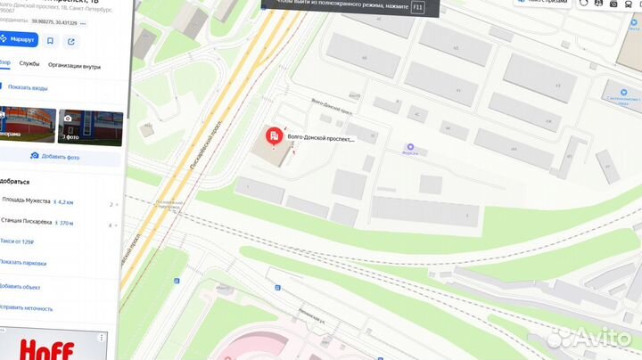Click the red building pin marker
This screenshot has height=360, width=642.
click(273, 139)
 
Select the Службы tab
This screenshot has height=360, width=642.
click(29, 65)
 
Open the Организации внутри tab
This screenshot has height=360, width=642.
click(74, 65)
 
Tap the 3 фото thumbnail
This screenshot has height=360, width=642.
click(89, 127)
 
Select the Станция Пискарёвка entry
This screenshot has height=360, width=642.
click(28, 224)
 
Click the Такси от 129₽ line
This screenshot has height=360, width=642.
click(18, 242)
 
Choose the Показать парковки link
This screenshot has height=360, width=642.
click(23, 262)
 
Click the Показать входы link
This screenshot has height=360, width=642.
click(29, 86)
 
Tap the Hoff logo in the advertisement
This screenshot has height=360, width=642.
click(45, 348)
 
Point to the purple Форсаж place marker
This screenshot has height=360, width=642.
click(410, 147)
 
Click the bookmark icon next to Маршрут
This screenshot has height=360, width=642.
click(50, 40)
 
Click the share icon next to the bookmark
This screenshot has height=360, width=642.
click(71, 40)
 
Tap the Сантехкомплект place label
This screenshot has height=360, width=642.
click(624, 94)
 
